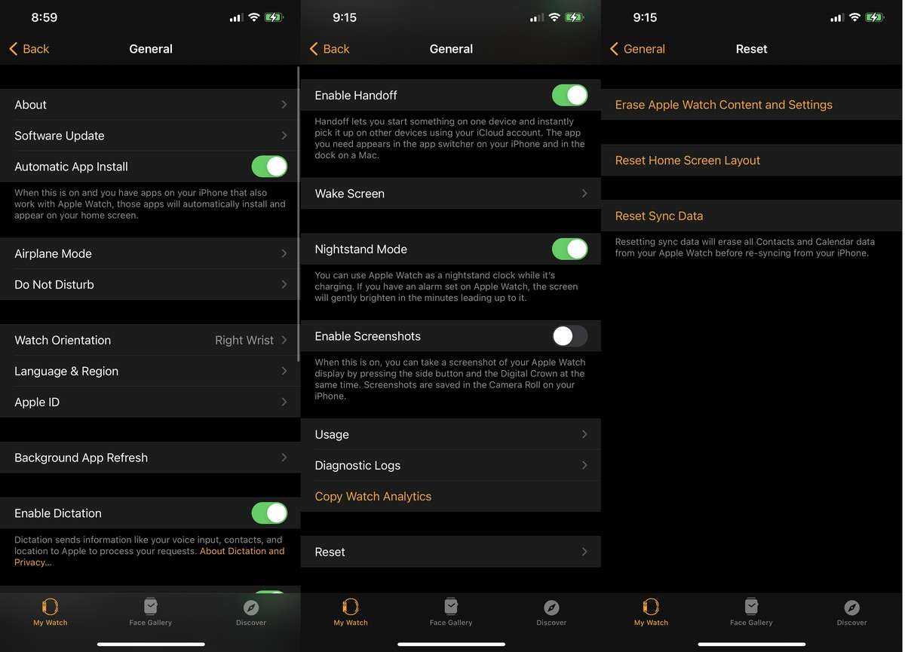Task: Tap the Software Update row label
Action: point(60,136)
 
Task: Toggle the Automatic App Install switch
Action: point(269,167)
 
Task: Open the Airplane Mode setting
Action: point(53,253)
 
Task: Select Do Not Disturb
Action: point(54,285)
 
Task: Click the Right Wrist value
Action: point(244,341)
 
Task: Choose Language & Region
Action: point(66,372)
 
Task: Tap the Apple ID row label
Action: point(37,402)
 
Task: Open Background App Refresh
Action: point(81,458)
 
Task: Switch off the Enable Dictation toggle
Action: point(269,513)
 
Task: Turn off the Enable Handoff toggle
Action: point(569,95)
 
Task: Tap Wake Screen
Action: point(349,194)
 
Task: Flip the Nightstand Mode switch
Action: point(569,249)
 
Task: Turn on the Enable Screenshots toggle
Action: point(569,336)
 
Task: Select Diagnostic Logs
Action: point(357,466)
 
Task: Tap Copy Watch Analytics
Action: point(373,497)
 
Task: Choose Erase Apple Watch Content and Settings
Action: point(723,105)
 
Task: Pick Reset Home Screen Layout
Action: point(687,161)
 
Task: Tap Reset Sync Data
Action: point(659,216)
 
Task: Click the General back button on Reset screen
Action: point(637,49)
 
